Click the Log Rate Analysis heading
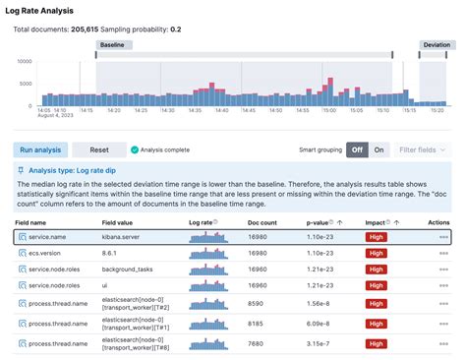pyautogui.click(x=55, y=10)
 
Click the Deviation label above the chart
pyautogui.click(x=437, y=45)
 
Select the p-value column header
pyautogui.click(x=317, y=223)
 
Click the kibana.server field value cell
pyautogui.click(x=126, y=237)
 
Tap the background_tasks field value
pyautogui.click(x=132, y=269)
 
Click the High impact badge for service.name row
pyautogui.click(x=377, y=237)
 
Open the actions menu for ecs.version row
pyautogui.click(x=443, y=253)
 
